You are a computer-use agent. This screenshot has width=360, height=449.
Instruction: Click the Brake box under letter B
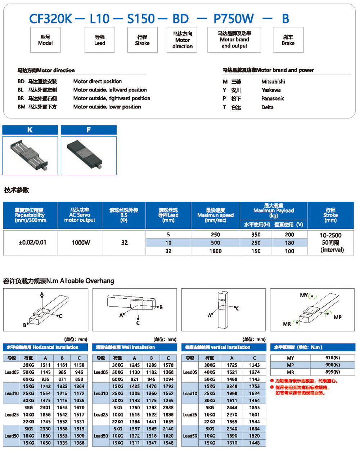[x=288, y=40]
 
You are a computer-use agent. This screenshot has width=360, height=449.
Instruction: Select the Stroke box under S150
[x=142, y=40]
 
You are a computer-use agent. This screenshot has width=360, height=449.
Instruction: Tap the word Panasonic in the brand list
[x=273, y=98]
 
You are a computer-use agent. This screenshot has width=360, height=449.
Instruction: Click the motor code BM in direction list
[x=22, y=107]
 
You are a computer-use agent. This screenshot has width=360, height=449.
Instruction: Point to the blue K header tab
[x=30, y=130]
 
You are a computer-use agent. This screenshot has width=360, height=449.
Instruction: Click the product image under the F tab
[x=89, y=155]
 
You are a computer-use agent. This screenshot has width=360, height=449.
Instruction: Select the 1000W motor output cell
[x=81, y=243]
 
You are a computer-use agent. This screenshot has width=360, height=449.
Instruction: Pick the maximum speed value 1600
[x=215, y=251]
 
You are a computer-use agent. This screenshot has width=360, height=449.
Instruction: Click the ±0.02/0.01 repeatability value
[x=32, y=242]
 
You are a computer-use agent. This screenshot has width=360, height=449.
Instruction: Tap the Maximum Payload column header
[x=274, y=210]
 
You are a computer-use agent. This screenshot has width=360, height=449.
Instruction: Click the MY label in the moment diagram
[x=304, y=295]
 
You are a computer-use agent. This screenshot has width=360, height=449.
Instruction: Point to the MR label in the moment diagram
[x=287, y=324]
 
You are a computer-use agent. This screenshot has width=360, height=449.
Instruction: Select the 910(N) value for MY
[x=332, y=358]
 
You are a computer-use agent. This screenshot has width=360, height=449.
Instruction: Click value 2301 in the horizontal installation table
[x=45, y=407]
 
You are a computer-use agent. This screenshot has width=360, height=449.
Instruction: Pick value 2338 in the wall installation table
[x=168, y=407]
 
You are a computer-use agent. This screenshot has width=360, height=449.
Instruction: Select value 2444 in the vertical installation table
[x=232, y=407]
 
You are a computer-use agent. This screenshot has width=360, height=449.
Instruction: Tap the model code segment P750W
[x=234, y=18]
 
